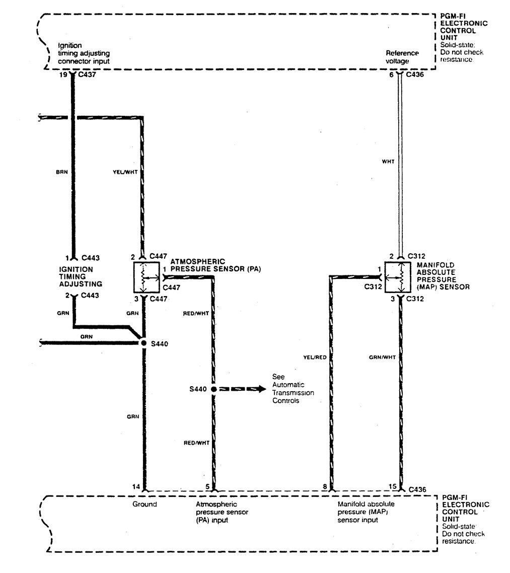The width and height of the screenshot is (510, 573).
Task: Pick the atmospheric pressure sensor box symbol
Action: pos(144,277)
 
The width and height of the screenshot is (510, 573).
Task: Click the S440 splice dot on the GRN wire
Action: pos(143,343)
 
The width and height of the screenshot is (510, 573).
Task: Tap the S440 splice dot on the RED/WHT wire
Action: pos(213,389)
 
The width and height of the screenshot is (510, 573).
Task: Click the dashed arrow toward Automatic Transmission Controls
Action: pos(242,389)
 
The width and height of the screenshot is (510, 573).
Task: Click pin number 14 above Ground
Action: pos(136,486)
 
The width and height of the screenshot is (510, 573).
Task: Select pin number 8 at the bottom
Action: pos(325,486)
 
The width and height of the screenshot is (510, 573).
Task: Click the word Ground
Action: pos(144,504)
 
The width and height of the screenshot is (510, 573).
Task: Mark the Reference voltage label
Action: pos(402,56)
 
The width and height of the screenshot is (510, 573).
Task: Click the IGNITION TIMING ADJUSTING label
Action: pos(76,276)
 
